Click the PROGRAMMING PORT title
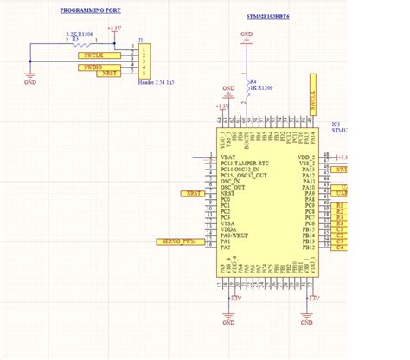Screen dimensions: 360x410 (90, 10)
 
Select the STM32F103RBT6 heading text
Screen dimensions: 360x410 (268, 16)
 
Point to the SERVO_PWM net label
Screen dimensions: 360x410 (178, 241)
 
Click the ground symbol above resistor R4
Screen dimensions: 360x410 (247, 38)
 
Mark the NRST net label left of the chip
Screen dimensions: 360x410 (192, 193)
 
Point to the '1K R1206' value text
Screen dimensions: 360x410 (262, 88)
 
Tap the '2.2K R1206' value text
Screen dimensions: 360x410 (80, 34)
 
